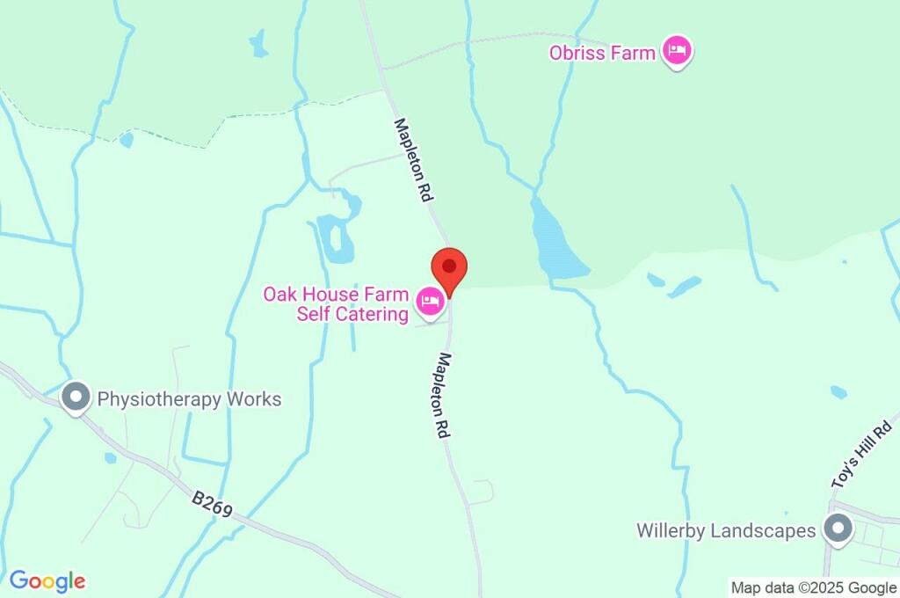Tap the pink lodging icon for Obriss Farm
(676, 51)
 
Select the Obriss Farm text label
(602, 53)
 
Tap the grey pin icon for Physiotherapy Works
(76, 397)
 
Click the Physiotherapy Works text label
(189, 399)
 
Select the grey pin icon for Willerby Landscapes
(838, 529)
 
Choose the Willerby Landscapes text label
(726, 531)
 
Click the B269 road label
(212, 505)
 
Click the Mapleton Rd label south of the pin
(445, 396)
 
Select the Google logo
(47, 580)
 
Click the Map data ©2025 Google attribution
(813, 587)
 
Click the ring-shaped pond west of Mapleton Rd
(335, 237)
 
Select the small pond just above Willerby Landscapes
(838, 392)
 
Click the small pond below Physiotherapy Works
(110, 457)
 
